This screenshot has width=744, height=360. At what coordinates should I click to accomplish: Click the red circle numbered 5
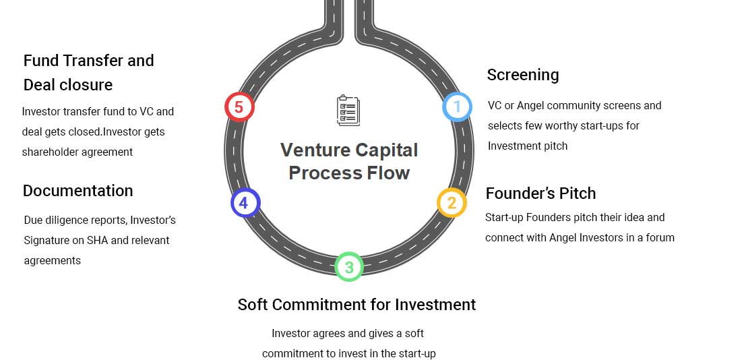click(239, 107)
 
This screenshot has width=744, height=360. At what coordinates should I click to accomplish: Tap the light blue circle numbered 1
click(457, 107)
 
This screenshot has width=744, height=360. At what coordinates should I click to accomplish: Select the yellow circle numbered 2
click(452, 203)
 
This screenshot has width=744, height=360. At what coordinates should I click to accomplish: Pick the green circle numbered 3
click(349, 266)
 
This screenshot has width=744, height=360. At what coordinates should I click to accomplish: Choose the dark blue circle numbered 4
click(245, 203)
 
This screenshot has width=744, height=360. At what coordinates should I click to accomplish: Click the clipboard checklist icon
click(348, 111)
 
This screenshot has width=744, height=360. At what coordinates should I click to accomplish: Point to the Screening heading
click(523, 75)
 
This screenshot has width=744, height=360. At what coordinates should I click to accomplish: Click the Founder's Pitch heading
click(540, 193)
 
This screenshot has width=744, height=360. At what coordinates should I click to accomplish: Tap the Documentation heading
click(77, 190)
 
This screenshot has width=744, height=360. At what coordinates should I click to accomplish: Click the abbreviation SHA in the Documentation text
click(97, 240)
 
